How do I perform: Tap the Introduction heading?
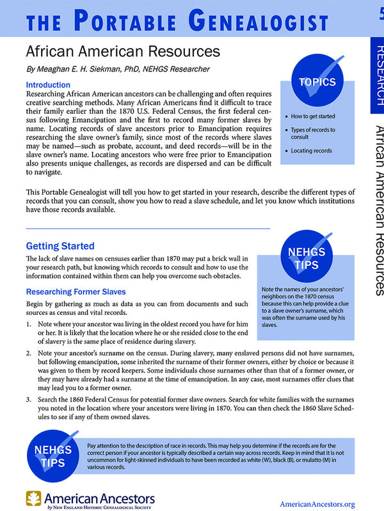[x=48, y=85]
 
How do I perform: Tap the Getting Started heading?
[x=60, y=246]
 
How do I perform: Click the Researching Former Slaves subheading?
[x=79, y=292]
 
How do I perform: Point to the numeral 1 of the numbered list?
[x=28, y=325]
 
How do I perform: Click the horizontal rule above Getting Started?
[x=147, y=229]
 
